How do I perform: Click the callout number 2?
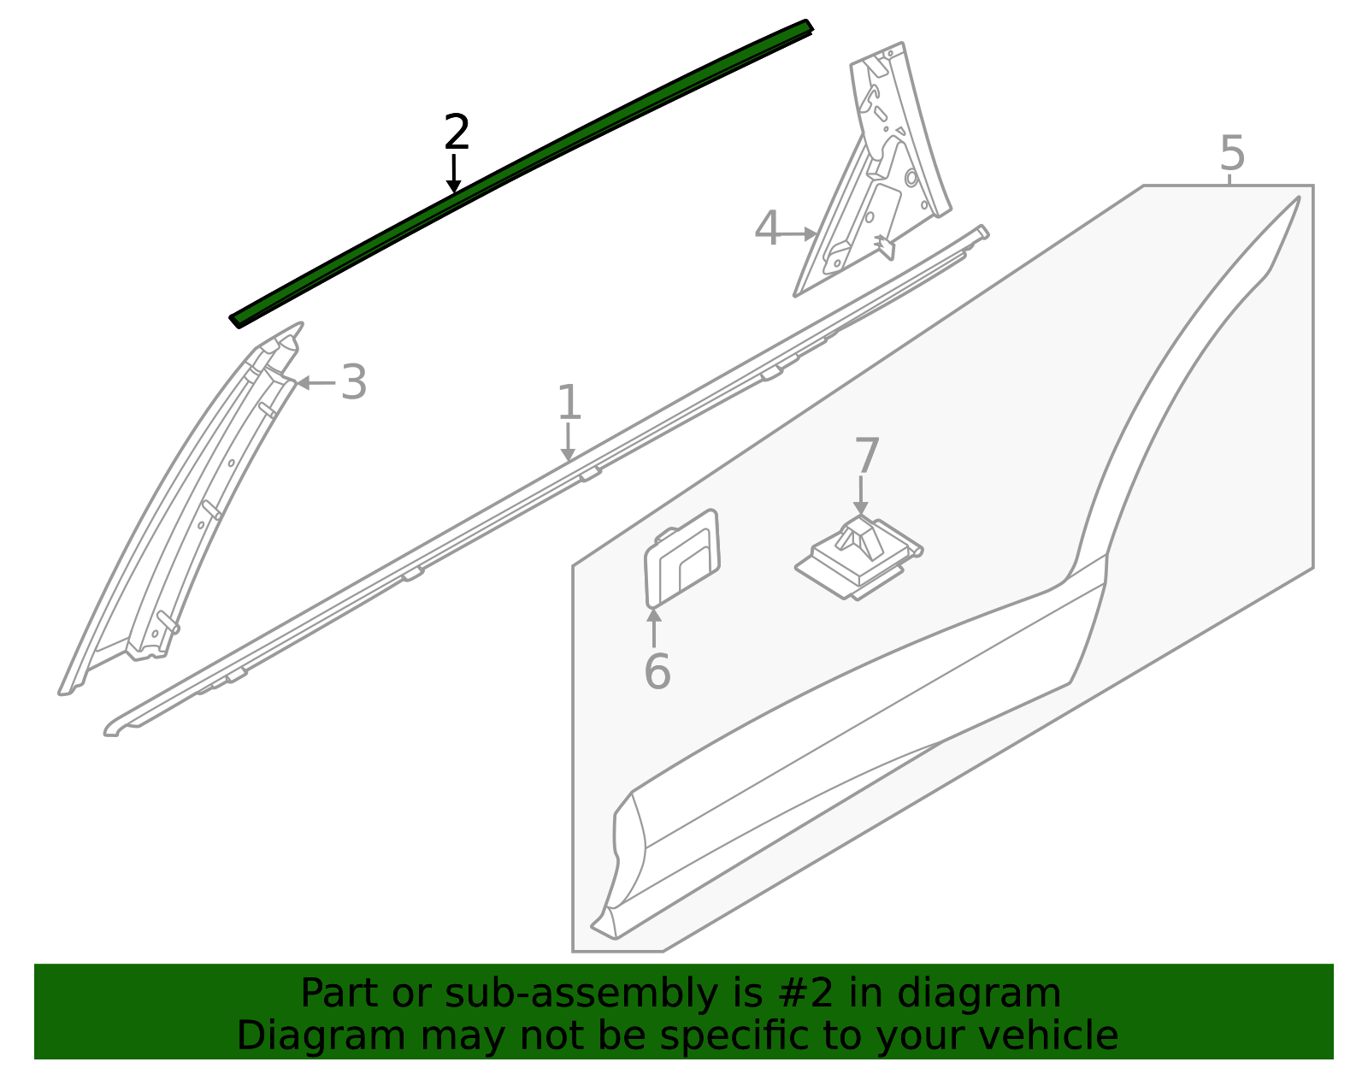(457, 133)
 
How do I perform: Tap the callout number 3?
(354, 382)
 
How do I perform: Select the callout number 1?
(569, 403)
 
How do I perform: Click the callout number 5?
(1232, 154)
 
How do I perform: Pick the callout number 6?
(657, 671)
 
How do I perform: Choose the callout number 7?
(866, 456)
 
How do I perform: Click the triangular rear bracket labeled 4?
(881, 180)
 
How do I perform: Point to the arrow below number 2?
(454, 174)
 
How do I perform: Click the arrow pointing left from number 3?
(315, 382)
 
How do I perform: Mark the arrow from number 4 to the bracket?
(800, 233)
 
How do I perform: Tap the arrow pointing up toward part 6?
(653, 628)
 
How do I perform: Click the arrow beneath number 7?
(861, 496)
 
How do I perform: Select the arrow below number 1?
(568, 443)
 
